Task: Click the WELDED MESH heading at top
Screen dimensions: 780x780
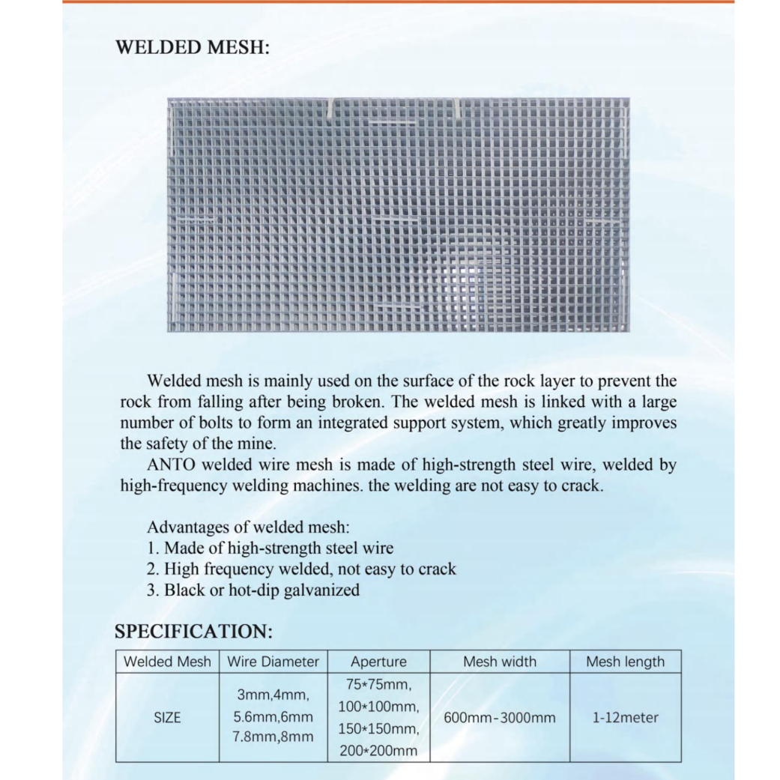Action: point(192,47)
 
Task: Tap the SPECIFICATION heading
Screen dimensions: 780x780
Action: point(193,631)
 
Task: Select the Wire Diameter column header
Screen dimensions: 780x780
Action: point(273,662)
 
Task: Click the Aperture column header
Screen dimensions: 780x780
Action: point(378,662)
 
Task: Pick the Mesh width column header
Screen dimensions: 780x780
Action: point(500,662)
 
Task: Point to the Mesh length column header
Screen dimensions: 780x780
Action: point(625,662)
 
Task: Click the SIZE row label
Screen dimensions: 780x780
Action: point(167,718)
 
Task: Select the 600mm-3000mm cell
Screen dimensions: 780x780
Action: point(500,718)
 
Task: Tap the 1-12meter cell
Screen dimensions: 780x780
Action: point(625,718)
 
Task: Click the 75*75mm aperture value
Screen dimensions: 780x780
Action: point(378,685)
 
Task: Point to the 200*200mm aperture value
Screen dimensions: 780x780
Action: point(378,750)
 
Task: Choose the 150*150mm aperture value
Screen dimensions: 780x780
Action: point(378,728)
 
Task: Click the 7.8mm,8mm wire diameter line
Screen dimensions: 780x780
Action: point(273,737)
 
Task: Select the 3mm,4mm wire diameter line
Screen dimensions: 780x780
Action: point(273,697)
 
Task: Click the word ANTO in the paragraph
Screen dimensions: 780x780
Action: point(173,465)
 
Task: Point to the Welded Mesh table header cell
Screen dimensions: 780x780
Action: point(167,662)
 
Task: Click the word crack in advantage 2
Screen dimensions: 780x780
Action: point(434,569)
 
